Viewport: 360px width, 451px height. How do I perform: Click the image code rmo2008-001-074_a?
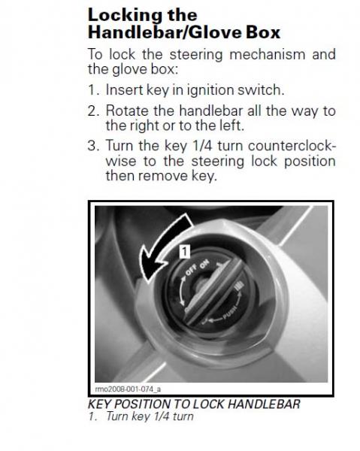click(129, 389)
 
